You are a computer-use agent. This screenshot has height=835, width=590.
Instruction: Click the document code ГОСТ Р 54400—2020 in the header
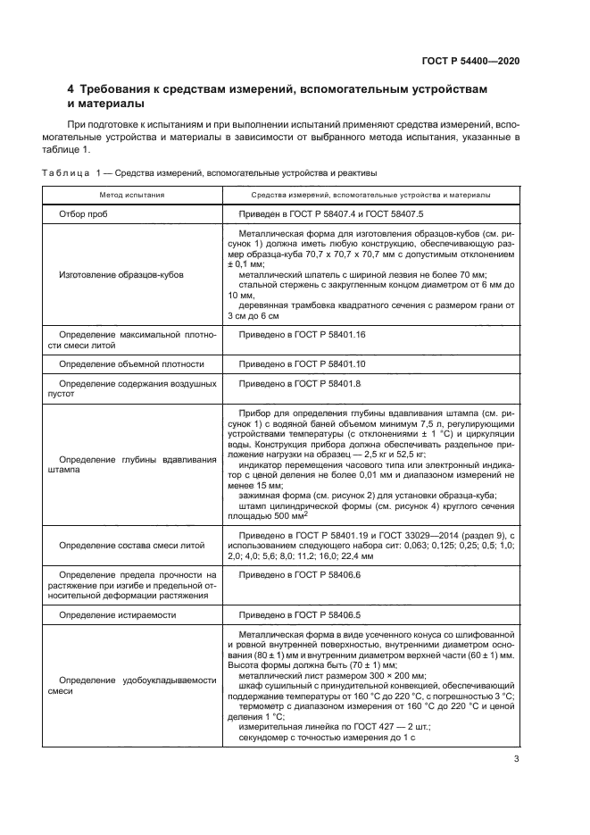coord(470,61)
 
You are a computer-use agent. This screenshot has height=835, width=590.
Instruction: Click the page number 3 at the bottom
coord(517,760)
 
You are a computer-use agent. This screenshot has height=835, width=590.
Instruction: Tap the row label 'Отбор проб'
coord(83,215)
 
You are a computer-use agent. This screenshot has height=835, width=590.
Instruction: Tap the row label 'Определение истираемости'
coord(117,614)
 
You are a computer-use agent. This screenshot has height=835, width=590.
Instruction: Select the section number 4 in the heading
coord(71,90)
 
